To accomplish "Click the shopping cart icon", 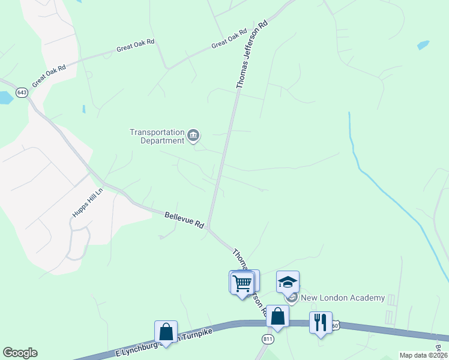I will point(242,282).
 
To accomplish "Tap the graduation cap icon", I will point(288,282).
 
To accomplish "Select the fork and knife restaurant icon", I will point(321,323).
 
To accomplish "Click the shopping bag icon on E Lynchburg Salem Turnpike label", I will point(166,332).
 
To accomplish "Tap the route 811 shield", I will point(268,340).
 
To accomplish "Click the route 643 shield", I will point(22,92).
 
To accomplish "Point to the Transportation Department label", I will point(157,136).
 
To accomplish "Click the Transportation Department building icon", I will point(193,136).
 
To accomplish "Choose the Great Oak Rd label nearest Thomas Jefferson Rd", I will point(229,40).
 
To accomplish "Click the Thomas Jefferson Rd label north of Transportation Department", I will point(252,55).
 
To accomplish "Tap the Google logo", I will point(20,353).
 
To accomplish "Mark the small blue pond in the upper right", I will point(423,45).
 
